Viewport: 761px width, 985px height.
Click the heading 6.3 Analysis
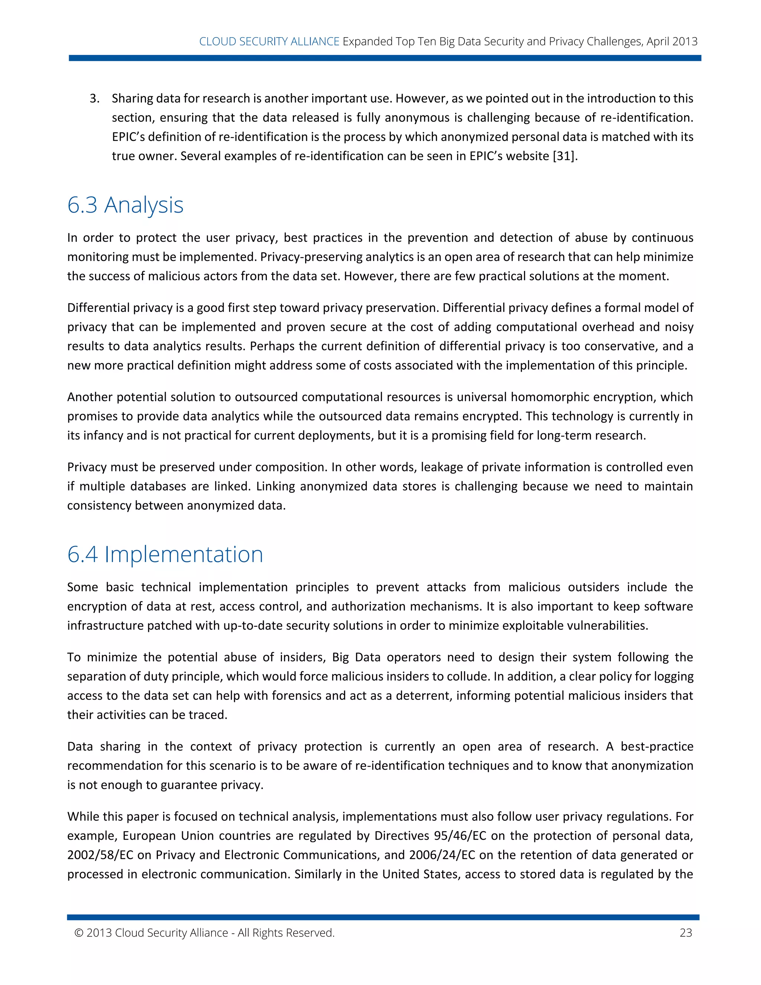tap(125, 205)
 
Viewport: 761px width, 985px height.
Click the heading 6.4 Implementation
tap(165, 554)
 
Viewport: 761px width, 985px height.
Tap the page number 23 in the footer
tap(685, 933)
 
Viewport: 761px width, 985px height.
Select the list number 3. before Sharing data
tap(94, 98)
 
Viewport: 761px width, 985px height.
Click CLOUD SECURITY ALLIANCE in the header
tap(269, 42)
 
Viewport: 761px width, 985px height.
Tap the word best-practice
tap(657, 746)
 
